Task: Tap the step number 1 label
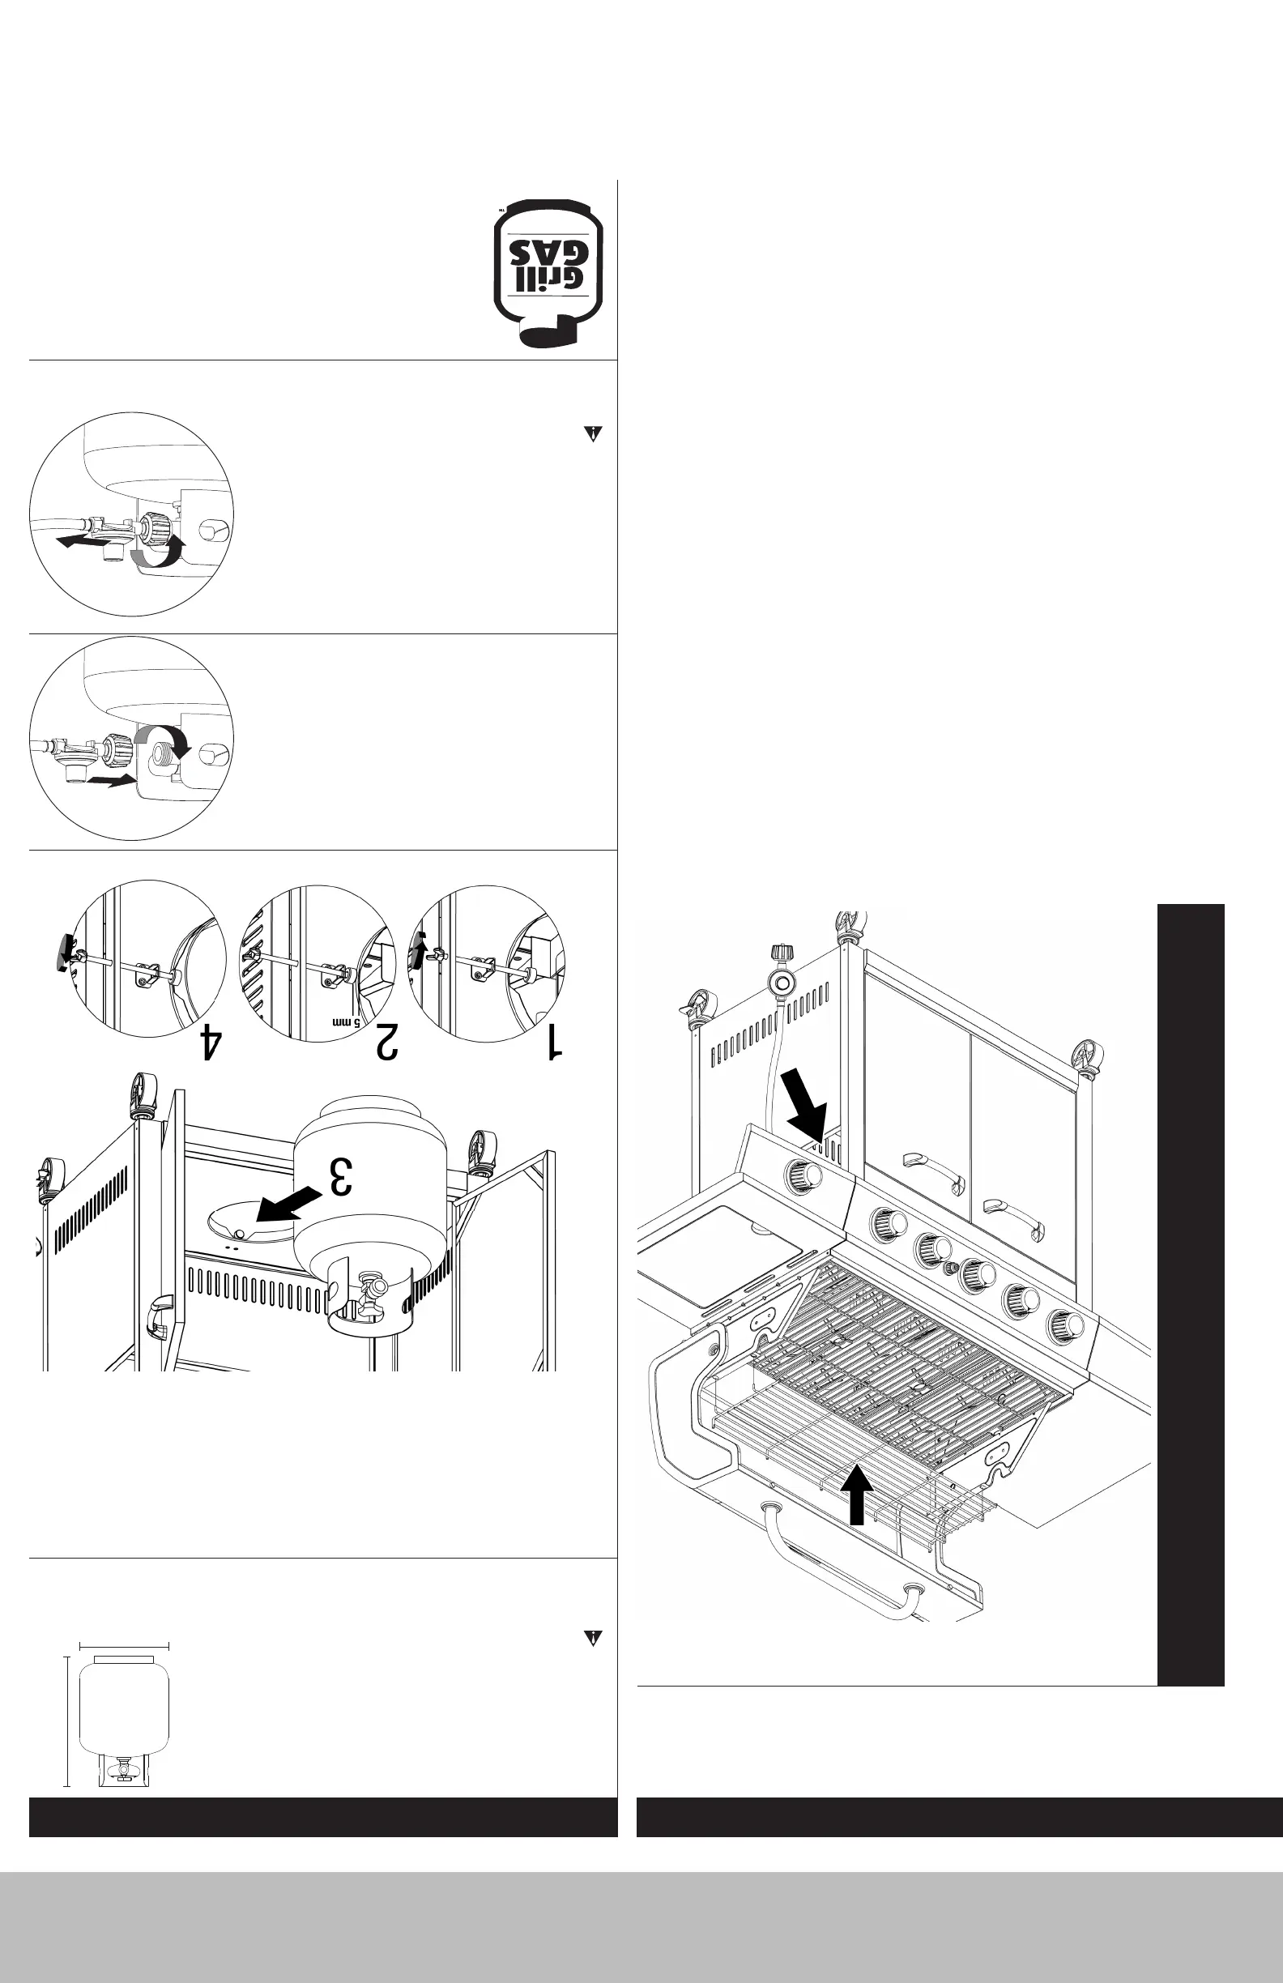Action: (x=553, y=1043)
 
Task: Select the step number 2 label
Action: (x=386, y=1043)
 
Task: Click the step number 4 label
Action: (x=211, y=1043)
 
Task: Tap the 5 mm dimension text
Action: (x=347, y=1021)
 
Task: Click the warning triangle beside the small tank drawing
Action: (x=592, y=1638)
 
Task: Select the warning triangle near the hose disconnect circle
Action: (x=592, y=434)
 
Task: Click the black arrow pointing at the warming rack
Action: (x=856, y=1495)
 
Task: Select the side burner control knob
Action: (x=803, y=1175)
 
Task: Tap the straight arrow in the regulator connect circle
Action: (x=109, y=781)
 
